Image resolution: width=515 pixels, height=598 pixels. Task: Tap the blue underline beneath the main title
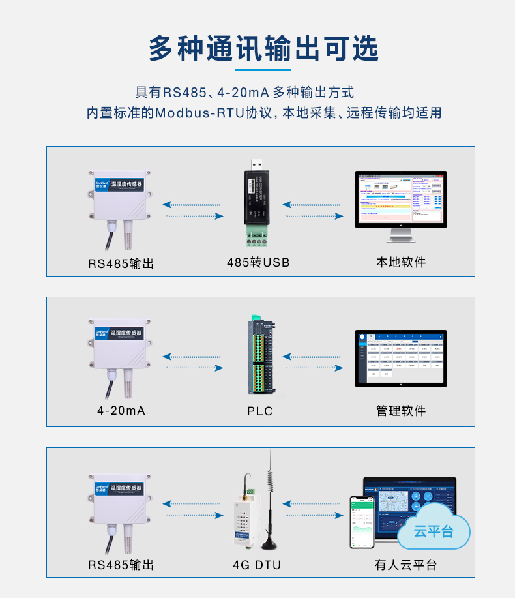click(262, 70)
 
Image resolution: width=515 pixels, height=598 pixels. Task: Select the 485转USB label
click(258, 263)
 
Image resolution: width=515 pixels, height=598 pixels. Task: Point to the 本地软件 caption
click(401, 262)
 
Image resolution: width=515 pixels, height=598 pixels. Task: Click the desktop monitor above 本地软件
click(400, 200)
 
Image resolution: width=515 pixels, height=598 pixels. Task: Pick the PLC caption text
click(259, 411)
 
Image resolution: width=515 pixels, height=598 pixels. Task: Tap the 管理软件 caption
click(401, 411)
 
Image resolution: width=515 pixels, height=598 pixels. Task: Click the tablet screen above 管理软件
click(400, 358)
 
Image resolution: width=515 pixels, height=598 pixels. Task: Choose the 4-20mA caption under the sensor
click(121, 411)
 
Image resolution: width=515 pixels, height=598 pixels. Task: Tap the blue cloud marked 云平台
click(434, 530)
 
